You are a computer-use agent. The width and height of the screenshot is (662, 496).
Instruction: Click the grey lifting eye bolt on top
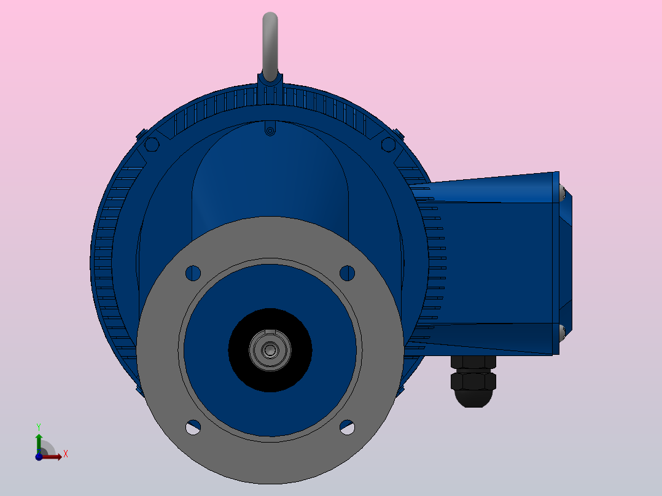point(270,46)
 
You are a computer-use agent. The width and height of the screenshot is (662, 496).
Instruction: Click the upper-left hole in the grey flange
point(193,273)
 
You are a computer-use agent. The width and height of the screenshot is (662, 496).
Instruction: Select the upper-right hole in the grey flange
point(347,273)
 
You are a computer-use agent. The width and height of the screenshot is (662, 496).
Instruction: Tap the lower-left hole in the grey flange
point(193,427)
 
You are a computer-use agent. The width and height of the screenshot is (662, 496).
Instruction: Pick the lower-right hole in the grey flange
point(347,427)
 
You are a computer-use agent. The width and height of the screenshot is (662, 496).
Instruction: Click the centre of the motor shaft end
point(270,350)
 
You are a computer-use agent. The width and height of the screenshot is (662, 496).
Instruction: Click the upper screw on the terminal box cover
point(563,194)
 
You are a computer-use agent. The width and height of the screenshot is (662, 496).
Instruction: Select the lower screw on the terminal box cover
point(563,333)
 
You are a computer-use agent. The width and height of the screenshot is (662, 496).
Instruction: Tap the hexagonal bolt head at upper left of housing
point(151,144)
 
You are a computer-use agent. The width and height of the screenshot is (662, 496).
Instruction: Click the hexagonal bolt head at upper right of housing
point(388,144)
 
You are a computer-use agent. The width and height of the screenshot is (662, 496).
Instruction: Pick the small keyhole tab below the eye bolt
point(270,130)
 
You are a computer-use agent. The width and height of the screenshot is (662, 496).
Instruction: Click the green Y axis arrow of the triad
point(39,441)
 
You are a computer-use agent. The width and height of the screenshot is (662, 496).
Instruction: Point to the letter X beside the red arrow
point(65,454)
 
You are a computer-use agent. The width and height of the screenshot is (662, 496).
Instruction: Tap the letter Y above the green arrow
point(39,426)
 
